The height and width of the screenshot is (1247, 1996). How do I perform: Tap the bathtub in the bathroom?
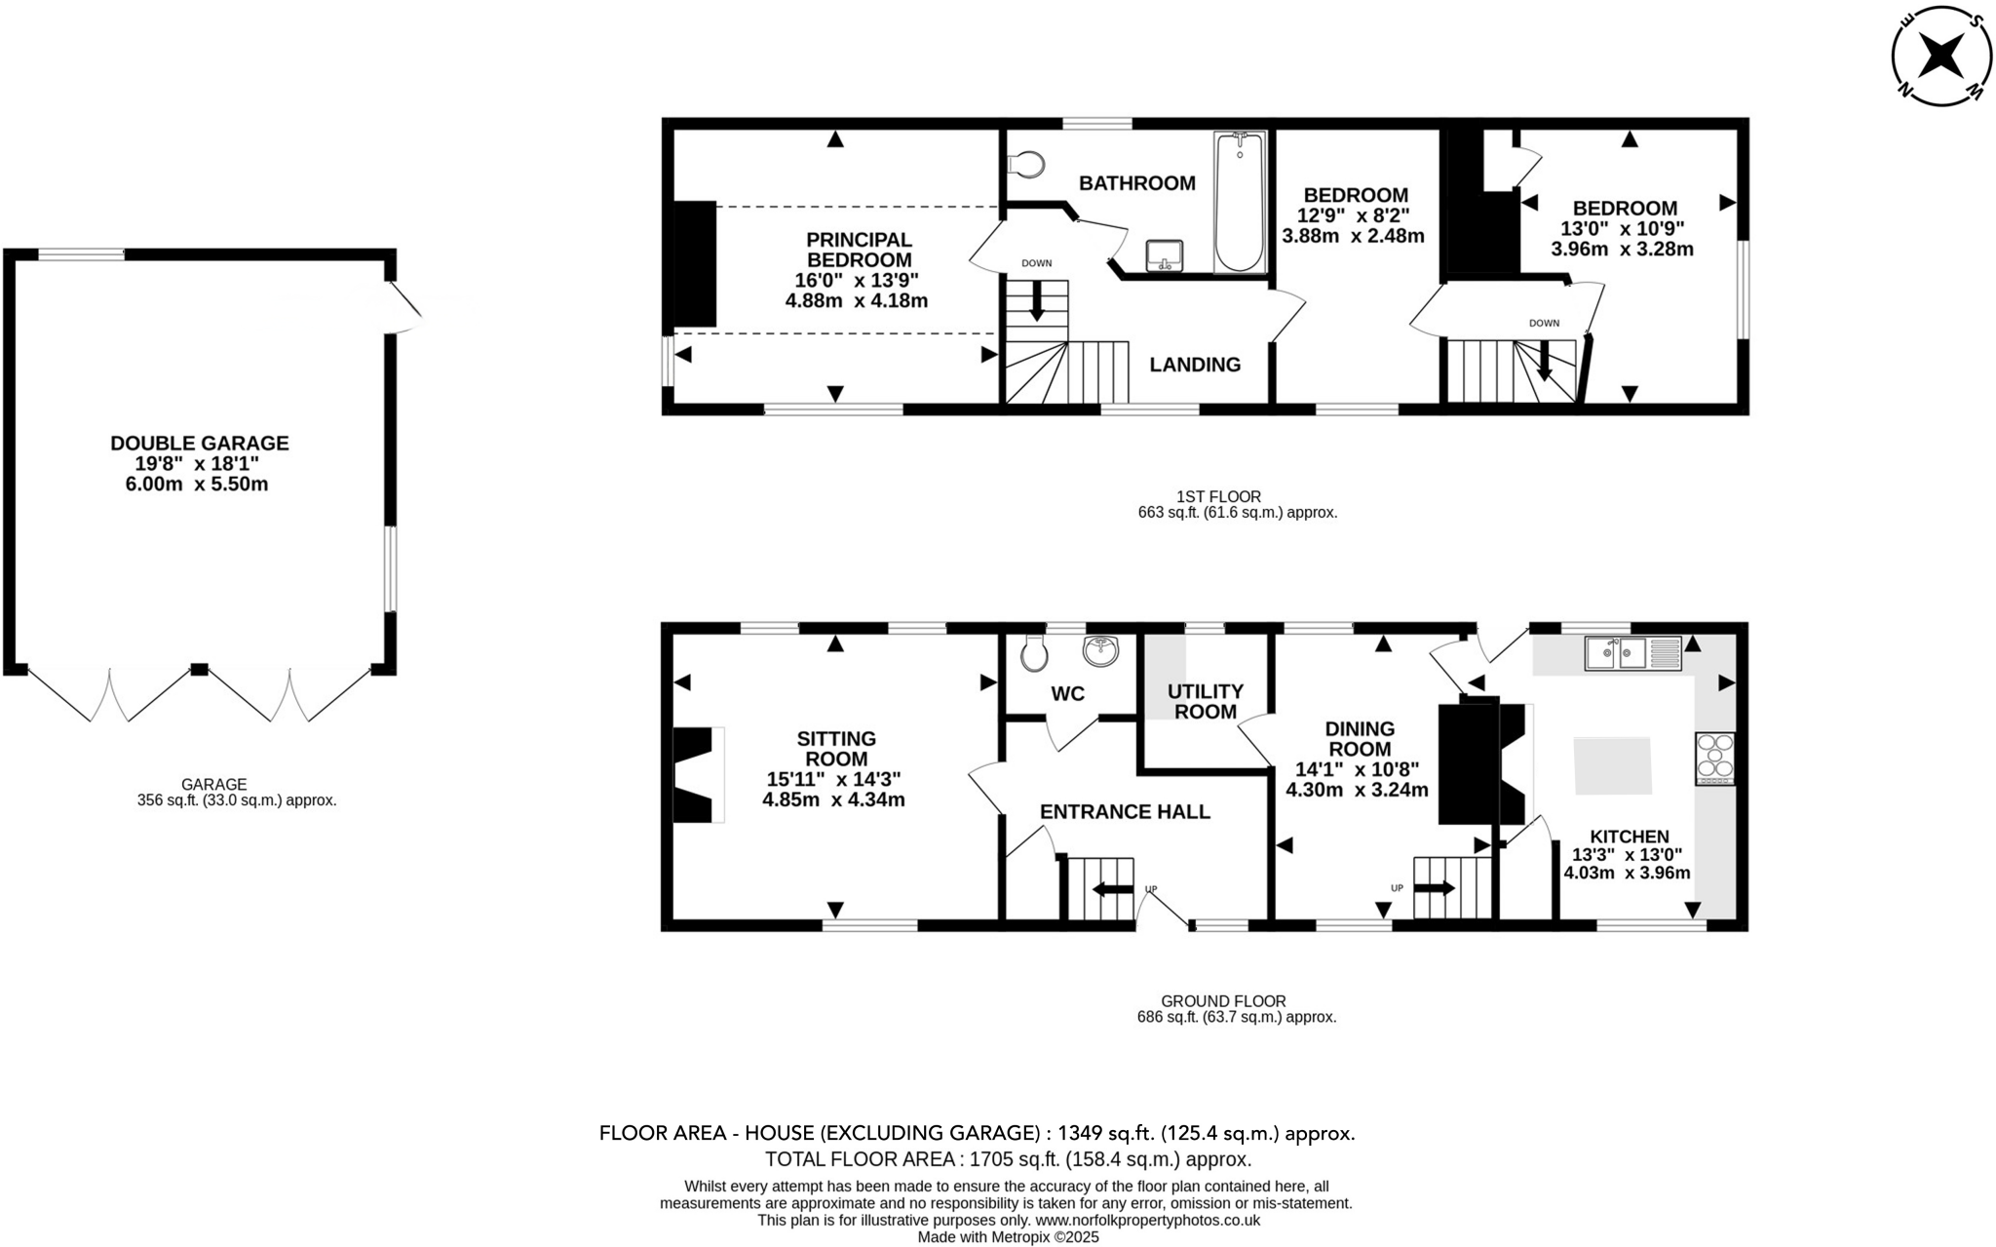click(1239, 203)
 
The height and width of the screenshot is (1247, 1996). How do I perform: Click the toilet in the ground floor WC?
click(1034, 652)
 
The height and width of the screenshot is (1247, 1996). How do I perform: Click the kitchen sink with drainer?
click(1632, 652)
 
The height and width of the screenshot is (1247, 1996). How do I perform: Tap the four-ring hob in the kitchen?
click(1715, 759)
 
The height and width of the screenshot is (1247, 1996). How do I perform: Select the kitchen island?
click(1613, 766)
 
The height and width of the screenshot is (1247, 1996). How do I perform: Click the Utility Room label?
click(1205, 701)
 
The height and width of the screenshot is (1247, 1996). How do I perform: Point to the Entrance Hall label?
click(1125, 811)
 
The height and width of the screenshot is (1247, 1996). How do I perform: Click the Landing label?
click(1195, 365)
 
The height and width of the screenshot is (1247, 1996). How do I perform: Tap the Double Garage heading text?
click(199, 443)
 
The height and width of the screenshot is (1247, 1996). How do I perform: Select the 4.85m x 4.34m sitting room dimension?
click(833, 800)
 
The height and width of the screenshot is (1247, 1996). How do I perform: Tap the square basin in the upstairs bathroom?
click(1163, 255)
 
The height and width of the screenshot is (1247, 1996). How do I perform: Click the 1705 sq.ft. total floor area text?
click(1008, 1159)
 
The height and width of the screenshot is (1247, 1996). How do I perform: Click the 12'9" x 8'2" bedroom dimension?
click(1356, 215)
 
